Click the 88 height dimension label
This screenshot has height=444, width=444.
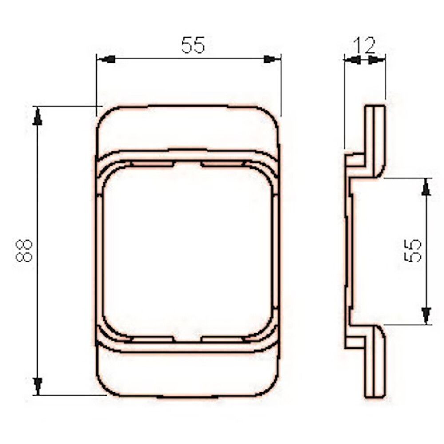(24, 250)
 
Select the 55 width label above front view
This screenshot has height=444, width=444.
(193, 45)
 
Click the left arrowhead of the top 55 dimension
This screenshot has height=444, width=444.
(107, 59)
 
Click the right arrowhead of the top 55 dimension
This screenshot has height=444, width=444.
(270, 59)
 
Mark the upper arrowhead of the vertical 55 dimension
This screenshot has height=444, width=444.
(426, 187)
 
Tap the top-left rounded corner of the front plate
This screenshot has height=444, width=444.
(104, 115)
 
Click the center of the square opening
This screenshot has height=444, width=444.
(188, 251)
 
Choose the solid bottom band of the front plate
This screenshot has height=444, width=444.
(188, 373)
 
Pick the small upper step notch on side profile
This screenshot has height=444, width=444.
(355, 160)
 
